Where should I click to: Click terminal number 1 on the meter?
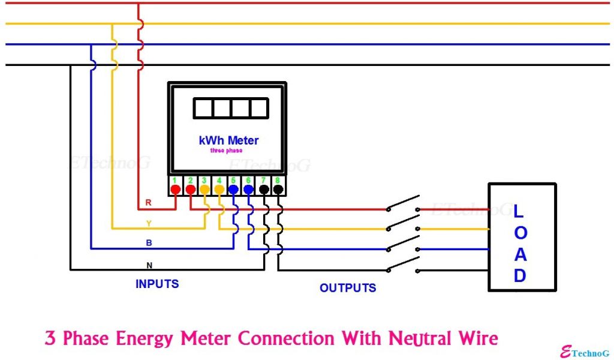coord(174,180)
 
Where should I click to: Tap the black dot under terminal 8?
coord(278,190)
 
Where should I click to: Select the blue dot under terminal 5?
coord(234,190)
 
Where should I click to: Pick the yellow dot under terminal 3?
coord(204,190)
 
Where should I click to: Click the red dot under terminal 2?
coord(190,190)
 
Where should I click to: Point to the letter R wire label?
coord(148,203)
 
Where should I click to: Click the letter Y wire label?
coord(149,223)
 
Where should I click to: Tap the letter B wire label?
coord(149,244)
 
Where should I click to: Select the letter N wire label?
coord(149,265)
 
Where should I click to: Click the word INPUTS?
coord(157,284)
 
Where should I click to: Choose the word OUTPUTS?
coord(348,288)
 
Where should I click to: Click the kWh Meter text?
coord(228,140)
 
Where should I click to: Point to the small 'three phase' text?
coord(226,151)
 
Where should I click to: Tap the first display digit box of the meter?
coord(203,108)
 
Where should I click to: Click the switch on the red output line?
coord(403,204)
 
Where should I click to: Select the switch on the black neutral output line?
coord(403,265)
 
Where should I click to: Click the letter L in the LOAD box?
coord(519,211)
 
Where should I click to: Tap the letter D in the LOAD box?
coord(519,276)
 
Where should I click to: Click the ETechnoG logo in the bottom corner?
coord(585,352)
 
